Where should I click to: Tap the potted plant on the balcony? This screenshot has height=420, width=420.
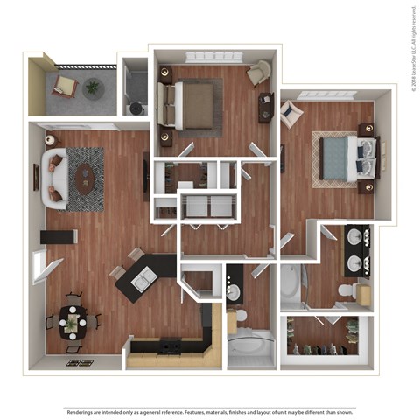click(92, 86)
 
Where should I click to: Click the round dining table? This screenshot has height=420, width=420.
click(72, 325)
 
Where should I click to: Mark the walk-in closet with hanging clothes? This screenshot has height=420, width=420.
click(326, 336)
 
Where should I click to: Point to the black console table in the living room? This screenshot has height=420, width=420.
click(59, 236)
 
